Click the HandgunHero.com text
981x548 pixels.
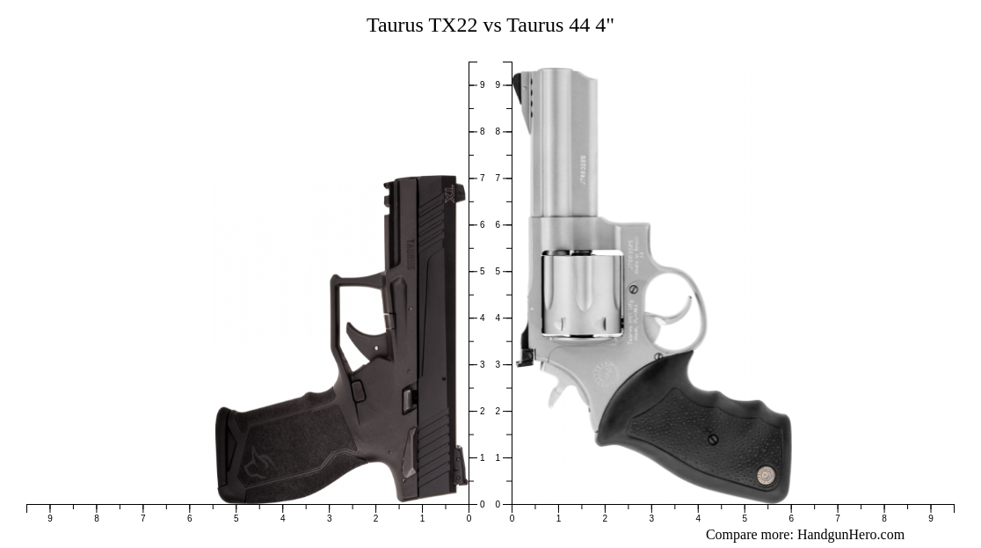pos(850,535)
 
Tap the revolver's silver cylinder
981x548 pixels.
pos(581,294)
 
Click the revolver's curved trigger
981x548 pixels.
pos(682,310)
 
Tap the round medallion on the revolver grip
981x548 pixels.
pos(765,475)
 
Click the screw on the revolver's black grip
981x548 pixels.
pos(712,438)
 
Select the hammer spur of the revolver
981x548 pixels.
pos(526,357)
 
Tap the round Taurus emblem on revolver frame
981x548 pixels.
pos(606,374)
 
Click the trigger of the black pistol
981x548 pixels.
pos(361,338)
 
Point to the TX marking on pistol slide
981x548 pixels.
pos(449,194)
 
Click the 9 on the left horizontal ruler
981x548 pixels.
pos(50,518)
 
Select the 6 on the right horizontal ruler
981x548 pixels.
pos(791,518)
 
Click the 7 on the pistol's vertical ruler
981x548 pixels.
pos(482,179)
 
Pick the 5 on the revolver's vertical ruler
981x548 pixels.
pos(498,272)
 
